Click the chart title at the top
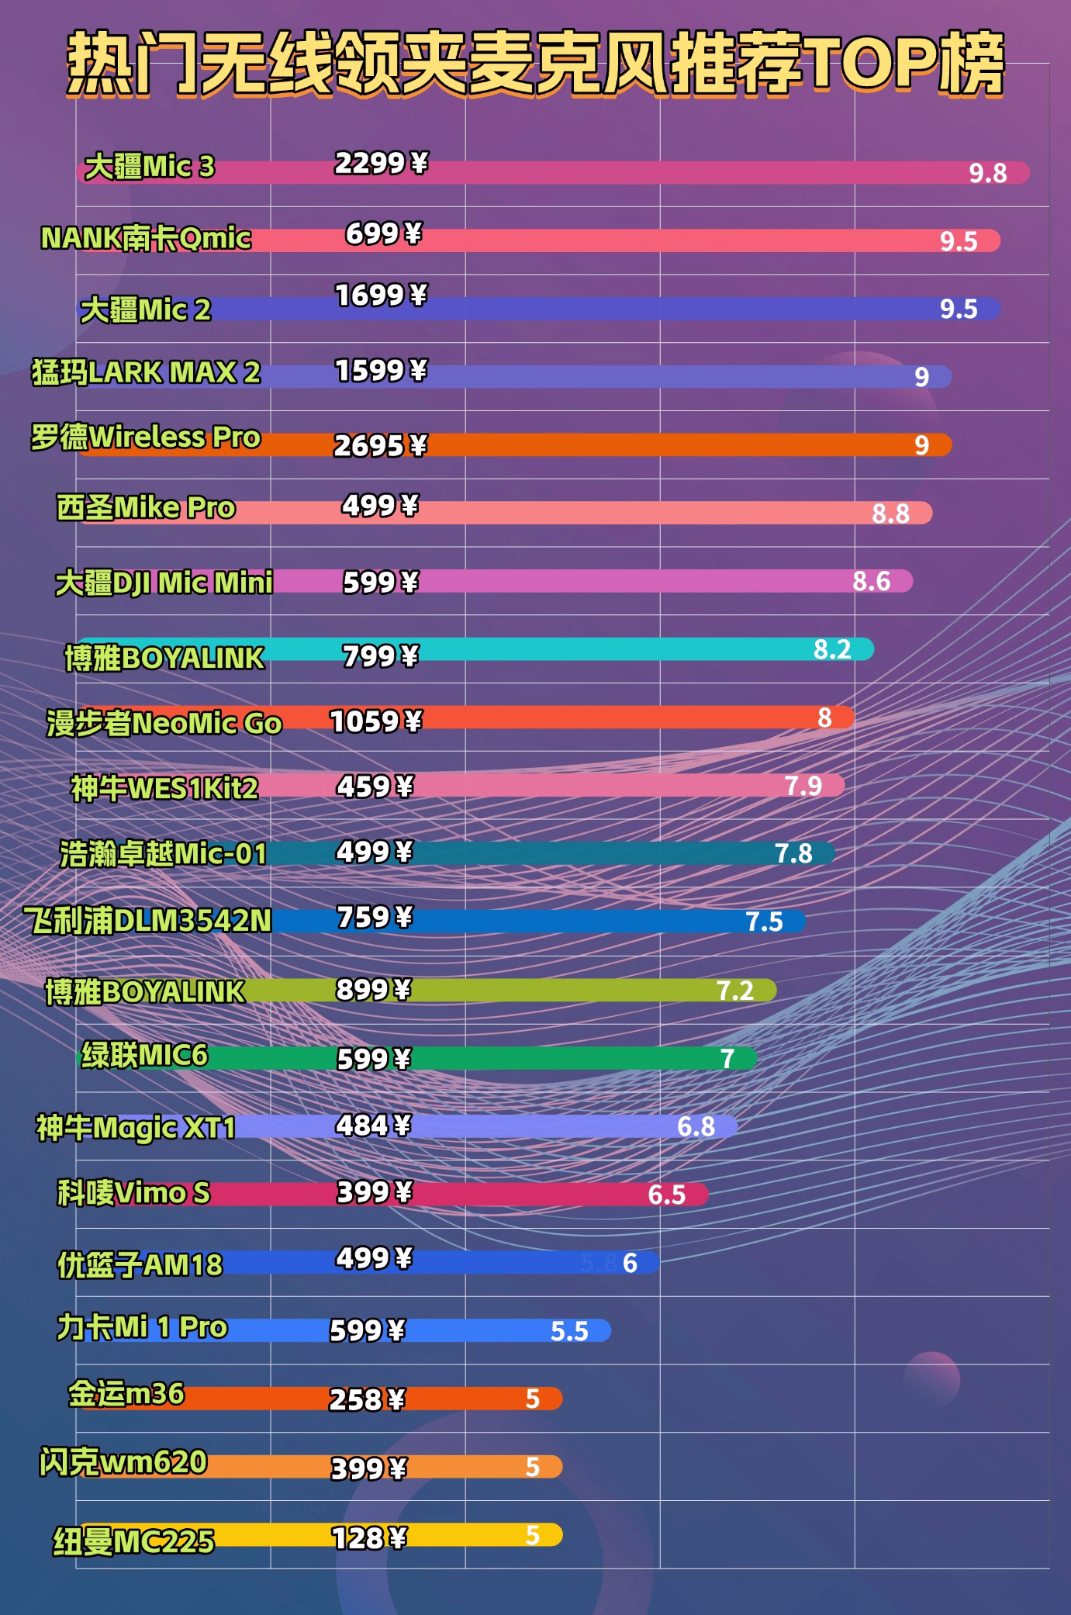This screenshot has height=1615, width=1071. [x=535, y=64]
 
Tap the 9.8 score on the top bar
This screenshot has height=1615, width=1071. [x=987, y=173]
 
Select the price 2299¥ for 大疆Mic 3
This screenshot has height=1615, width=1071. [x=380, y=163]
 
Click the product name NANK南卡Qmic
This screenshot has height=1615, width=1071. [x=146, y=238]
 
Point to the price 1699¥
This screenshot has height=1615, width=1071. [x=380, y=296]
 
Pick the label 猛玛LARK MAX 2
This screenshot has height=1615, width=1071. [x=146, y=373]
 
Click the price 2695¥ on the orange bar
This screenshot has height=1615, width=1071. [x=380, y=445]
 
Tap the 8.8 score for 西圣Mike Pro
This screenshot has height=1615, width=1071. [x=890, y=514]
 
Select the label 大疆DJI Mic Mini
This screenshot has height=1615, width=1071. [x=164, y=583]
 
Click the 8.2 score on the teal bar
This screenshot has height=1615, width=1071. [x=831, y=649]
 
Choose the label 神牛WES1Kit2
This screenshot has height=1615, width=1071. [x=164, y=789]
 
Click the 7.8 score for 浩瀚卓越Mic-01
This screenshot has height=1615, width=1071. [x=793, y=854]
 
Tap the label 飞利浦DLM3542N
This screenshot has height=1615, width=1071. [x=147, y=921]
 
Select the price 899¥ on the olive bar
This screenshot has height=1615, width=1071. [x=373, y=990]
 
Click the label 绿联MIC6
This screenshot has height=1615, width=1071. [x=145, y=1056]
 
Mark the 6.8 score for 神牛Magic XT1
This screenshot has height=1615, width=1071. [x=696, y=1126]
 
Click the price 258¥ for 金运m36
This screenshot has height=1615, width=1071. [x=367, y=1399]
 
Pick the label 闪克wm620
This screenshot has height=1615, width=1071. [x=123, y=1463]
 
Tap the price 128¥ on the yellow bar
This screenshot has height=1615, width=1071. [x=368, y=1537]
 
